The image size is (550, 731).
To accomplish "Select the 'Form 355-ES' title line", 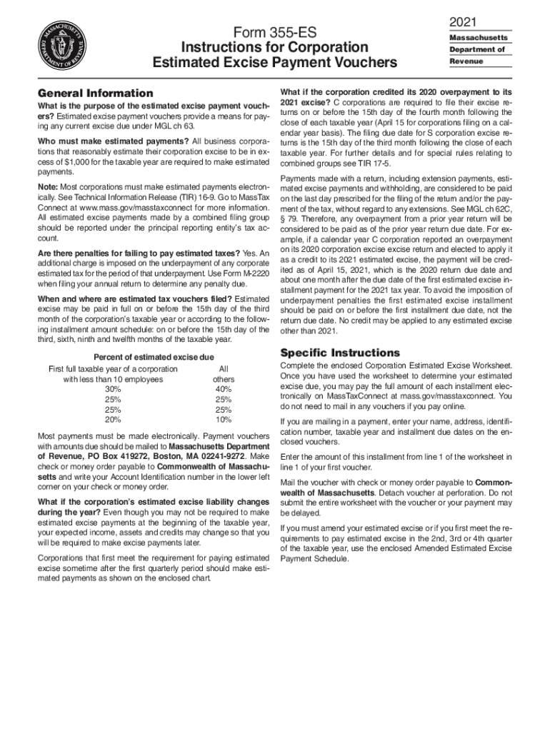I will pos(275,32).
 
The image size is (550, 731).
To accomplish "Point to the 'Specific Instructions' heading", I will pos(340,353).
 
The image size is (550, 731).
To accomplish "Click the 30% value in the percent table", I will pos(113,390).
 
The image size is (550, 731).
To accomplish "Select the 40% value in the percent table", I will pos(224,390).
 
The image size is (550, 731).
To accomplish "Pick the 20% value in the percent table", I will pos(113,420).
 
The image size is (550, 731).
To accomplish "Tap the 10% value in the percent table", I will pos(224,420).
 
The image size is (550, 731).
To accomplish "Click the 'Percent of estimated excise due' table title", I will pos(154,357).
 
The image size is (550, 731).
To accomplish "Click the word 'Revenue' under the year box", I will pos(466,61).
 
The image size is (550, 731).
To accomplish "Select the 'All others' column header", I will pos(224,373).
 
